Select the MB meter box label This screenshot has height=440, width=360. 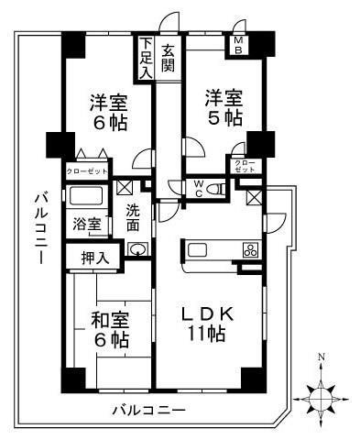238,46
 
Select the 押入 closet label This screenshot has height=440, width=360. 94,257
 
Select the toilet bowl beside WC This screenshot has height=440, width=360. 215,190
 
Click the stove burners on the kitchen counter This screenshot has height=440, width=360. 249,251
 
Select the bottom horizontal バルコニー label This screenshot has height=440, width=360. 149,410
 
